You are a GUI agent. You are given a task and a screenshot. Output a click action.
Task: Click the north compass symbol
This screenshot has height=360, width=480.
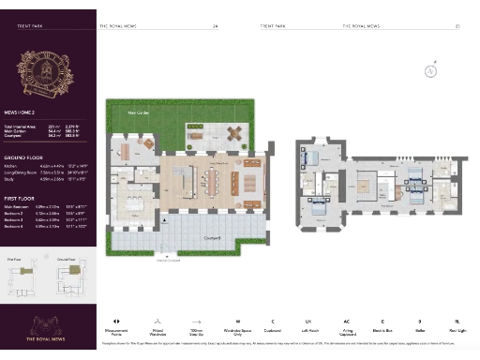pyautogui.click(x=430, y=70)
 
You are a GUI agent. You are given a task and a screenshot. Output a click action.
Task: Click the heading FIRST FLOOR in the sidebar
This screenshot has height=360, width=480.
pyautogui.click(x=19, y=199)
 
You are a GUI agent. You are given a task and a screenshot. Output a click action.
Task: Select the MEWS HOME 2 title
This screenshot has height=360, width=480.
pyautogui.click(x=21, y=109)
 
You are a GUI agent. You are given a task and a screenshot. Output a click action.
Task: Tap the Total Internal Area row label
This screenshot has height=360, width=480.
pyautogui.click(x=24, y=126)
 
